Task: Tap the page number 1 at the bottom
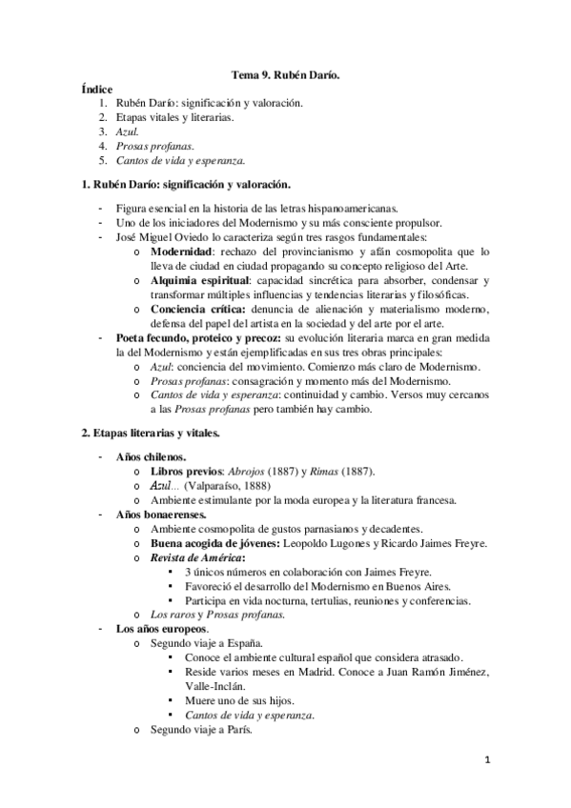coord(487,760)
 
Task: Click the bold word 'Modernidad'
coord(185,252)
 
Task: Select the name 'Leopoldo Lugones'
coord(324,543)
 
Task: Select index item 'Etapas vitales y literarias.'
coord(179,117)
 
